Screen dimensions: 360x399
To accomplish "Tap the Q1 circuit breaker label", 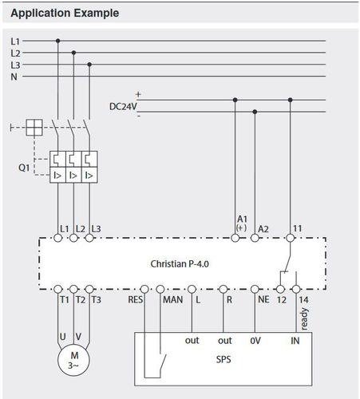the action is pos(24,168).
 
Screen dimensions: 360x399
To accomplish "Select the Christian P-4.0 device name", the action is pos(180,264).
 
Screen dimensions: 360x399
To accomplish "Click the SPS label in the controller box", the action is pos(224,360).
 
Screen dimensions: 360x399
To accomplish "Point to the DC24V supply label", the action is pos(123,107).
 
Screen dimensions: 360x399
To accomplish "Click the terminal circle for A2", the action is pos(255,238).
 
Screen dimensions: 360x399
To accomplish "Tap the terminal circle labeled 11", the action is pos(291,238).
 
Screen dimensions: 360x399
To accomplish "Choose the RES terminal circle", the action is pos(144,289).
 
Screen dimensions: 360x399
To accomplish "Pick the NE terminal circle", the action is pos(255,289).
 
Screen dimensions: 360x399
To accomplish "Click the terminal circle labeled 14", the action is pos(296,289).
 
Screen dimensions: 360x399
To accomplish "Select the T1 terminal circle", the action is pos(58,289).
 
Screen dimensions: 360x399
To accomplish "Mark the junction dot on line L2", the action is pos(73,53).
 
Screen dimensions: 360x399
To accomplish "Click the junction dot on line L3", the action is pos(89,65).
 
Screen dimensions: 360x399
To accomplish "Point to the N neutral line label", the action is pos(14,77).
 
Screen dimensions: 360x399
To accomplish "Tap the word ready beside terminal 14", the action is pos(304,319).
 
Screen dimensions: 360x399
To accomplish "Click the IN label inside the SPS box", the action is pos(295,341).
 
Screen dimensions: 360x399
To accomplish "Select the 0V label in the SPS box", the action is pos(255,341).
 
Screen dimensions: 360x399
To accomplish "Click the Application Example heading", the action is pos(65,13).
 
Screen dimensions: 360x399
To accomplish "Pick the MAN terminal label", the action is pos(173,300).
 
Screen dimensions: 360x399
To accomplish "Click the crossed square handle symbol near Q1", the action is pos(34,128).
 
